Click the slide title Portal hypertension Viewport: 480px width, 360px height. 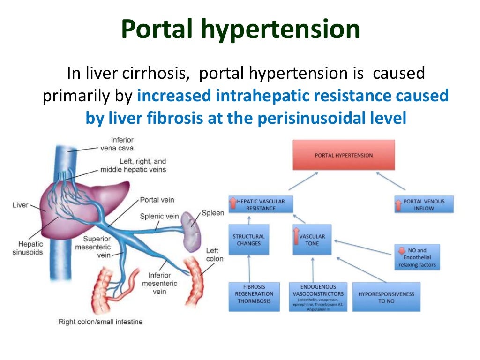click(x=240, y=29)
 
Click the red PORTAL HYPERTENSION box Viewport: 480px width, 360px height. click(x=344, y=155)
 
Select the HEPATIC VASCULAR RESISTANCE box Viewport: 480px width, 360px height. click(x=260, y=205)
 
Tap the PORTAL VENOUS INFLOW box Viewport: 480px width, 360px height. click(x=424, y=204)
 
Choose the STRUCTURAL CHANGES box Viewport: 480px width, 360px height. click(x=248, y=240)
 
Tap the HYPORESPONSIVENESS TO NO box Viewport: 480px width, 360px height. click(x=386, y=297)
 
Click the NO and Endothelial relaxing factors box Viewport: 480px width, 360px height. click(x=417, y=257)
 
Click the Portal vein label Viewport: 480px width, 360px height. click(x=157, y=200)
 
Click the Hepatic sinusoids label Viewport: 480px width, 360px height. click(x=31, y=247)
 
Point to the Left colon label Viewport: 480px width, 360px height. click(x=214, y=255)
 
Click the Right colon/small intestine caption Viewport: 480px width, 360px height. click(x=100, y=322)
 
